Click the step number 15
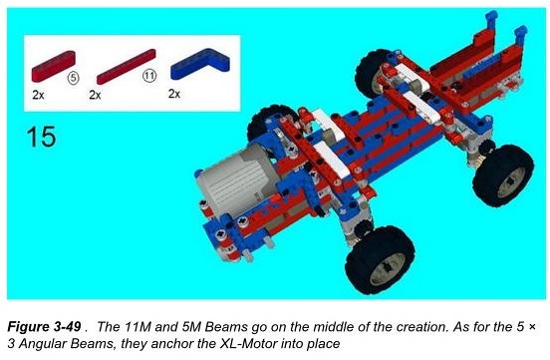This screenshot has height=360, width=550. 41,137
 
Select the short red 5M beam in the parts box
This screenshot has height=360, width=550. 54,67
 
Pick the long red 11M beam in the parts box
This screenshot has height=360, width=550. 127,67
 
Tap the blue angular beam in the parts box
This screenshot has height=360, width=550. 200,63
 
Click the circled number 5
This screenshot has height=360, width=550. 73,78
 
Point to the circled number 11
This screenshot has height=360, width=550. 149,76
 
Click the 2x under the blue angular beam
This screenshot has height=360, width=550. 174,94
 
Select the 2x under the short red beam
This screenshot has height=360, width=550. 38,95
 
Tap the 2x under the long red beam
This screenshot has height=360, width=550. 95,95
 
